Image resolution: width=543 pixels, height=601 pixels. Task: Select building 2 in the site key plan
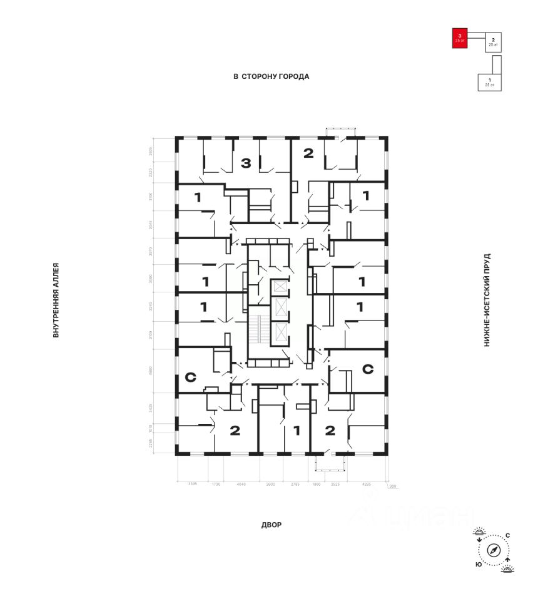[494, 42]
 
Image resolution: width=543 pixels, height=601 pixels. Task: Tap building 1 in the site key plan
[489, 81]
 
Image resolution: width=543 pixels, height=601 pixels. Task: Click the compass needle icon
[494, 550]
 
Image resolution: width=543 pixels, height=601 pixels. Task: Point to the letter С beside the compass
[507, 535]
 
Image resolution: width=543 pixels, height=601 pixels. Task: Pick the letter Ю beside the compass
[478, 565]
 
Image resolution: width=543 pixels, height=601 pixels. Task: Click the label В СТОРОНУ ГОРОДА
[271, 76]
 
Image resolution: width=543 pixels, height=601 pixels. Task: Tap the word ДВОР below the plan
[271, 525]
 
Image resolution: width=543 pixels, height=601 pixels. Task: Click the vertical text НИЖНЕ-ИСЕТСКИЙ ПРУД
[487, 300]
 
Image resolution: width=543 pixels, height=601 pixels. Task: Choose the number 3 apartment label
[246, 164]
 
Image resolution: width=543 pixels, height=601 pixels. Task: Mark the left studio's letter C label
[191, 378]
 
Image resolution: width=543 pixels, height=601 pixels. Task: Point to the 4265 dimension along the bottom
[367, 484]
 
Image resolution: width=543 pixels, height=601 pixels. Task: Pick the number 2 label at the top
[308, 153]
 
